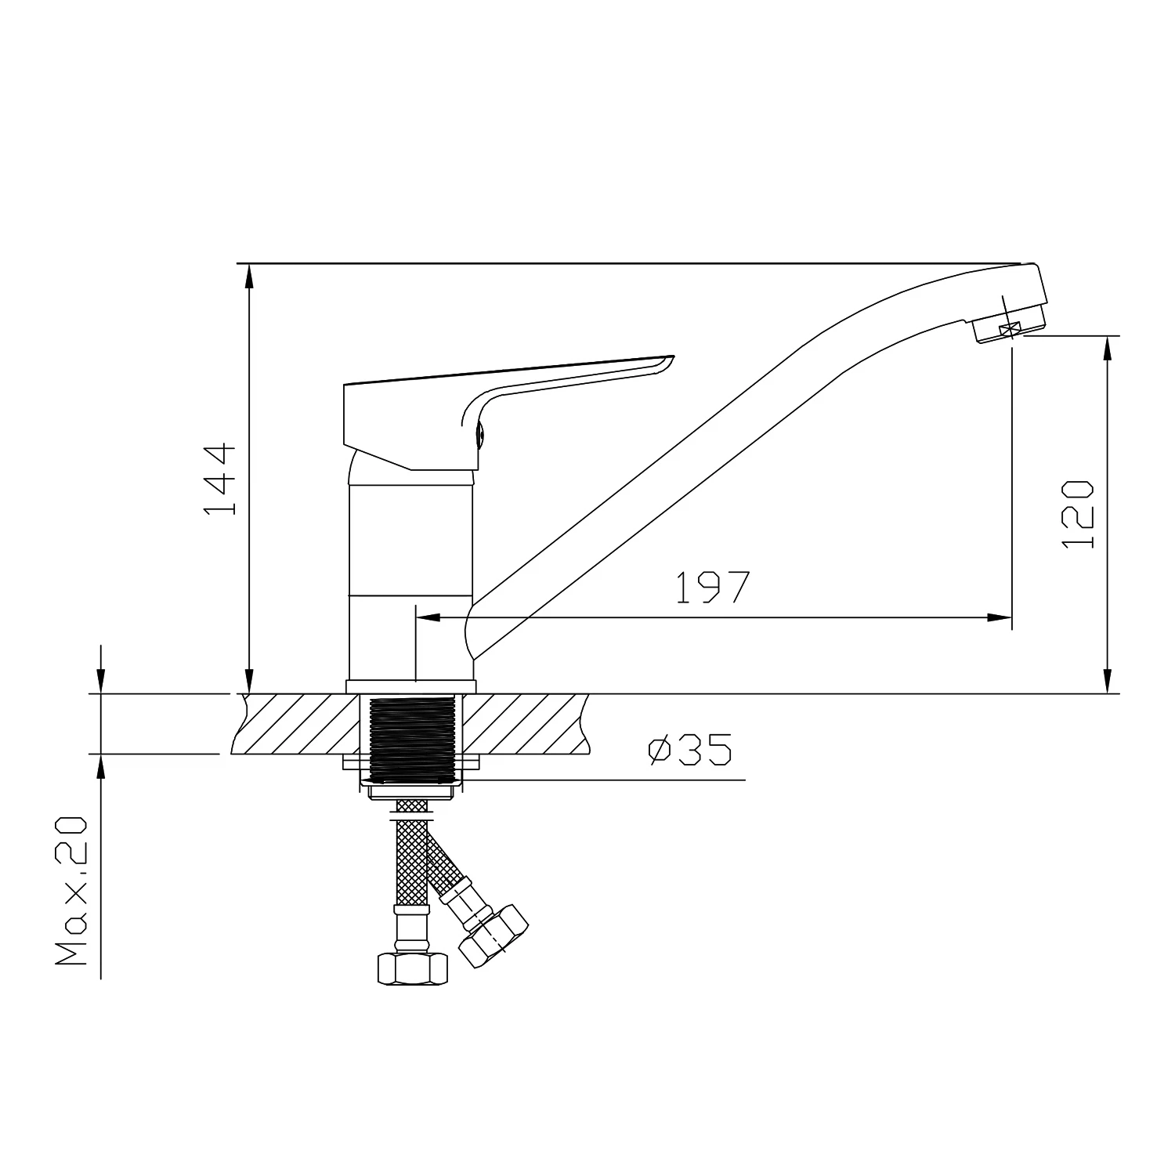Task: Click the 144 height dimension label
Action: (x=219, y=479)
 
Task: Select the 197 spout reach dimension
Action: (x=713, y=587)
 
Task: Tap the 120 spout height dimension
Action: (x=1077, y=513)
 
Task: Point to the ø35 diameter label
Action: (x=690, y=750)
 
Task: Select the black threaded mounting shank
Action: (x=412, y=740)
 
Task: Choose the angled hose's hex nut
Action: (x=493, y=935)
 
